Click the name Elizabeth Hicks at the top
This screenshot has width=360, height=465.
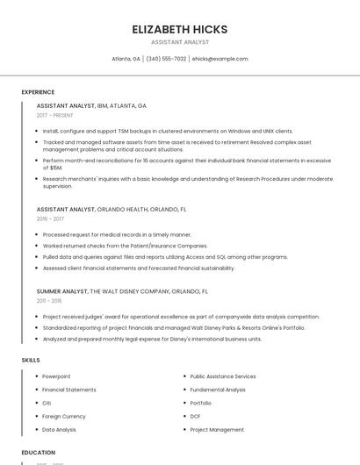(179, 29)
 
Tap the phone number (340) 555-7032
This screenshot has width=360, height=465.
(166, 59)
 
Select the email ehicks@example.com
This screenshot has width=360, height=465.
(220, 59)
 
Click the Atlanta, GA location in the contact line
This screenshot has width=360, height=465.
(126, 59)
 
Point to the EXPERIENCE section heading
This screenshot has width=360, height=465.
(38, 91)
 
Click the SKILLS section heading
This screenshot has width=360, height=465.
(31, 360)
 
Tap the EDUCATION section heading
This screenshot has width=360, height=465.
(38, 453)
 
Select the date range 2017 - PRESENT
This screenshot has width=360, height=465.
(55, 115)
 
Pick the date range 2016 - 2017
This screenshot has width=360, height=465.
(50, 218)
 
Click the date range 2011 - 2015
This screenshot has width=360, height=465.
(49, 300)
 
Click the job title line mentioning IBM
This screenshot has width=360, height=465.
(91, 105)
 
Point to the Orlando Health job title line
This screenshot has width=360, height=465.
(111, 210)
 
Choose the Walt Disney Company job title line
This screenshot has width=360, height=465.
(122, 290)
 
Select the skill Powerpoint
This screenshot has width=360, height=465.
(56, 376)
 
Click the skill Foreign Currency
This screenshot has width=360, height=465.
(64, 416)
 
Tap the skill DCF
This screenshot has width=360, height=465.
(196, 416)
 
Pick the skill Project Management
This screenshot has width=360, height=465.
(217, 430)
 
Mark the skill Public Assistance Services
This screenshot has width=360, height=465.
(223, 376)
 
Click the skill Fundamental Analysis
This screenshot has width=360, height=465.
(218, 390)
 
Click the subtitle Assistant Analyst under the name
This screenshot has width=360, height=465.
(179, 41)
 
